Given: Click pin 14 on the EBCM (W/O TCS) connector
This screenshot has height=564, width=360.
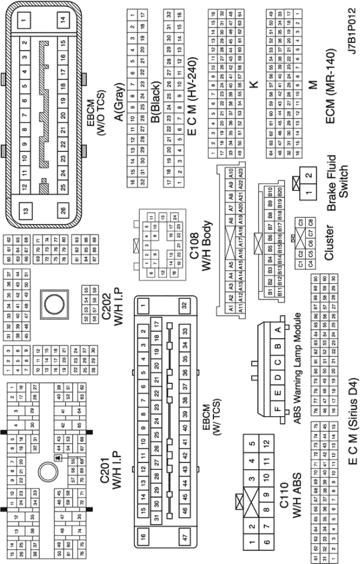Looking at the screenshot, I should tap(63, 19).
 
